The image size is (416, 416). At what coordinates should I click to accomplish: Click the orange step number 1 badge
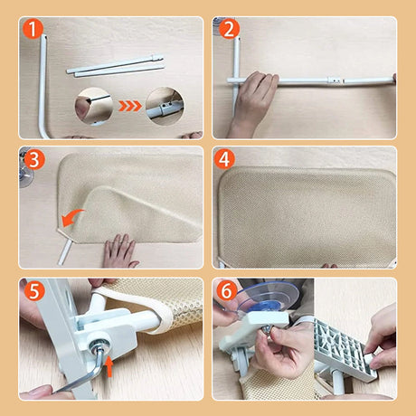pos(33,28)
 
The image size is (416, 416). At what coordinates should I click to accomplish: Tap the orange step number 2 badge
pos(229,29)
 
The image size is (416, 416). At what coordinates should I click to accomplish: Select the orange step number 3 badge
pos(34,160)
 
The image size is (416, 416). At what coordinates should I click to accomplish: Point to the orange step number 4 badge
pos(224,159)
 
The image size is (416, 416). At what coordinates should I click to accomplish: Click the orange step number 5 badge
pos(34,290)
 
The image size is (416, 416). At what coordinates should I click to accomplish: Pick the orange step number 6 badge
pos(226,291)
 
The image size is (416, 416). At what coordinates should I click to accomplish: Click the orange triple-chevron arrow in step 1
pos(130,106)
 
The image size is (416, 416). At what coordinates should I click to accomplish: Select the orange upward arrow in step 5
pos(109,365)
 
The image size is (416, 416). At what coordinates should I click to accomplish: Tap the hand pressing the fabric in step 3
pos(119,251)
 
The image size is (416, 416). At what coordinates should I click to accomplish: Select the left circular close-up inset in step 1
pos(94,106)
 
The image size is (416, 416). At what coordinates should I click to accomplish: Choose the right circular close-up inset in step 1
pos(165,106)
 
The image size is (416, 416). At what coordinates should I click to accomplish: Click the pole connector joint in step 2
pos(335,80)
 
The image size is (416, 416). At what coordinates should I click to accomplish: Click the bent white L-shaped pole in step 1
pos(42,90)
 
